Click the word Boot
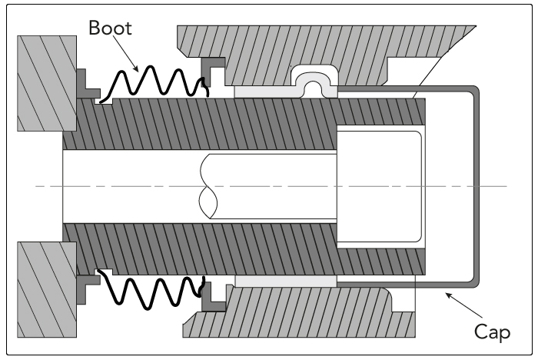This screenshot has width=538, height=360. point(110,28)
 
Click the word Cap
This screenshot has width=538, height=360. point(493,332)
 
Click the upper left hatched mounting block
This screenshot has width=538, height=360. point(47,83)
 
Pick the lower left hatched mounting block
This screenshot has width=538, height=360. point(47,289)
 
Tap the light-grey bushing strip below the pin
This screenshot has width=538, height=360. point(285,282)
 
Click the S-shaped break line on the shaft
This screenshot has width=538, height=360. point(208,186)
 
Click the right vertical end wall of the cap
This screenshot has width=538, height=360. point(477,186)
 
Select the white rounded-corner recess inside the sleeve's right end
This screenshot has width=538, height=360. point(379,186)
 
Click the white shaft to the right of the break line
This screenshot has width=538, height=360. point(274,186)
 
